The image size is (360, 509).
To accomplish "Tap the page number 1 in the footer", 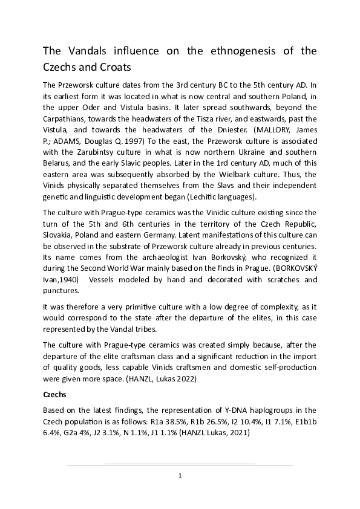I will [x=180, y=476].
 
